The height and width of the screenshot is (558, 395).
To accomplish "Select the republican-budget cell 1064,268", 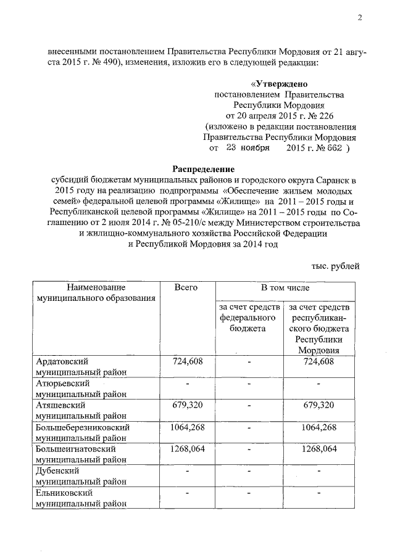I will pyautogui.click(x=320, y=427).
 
